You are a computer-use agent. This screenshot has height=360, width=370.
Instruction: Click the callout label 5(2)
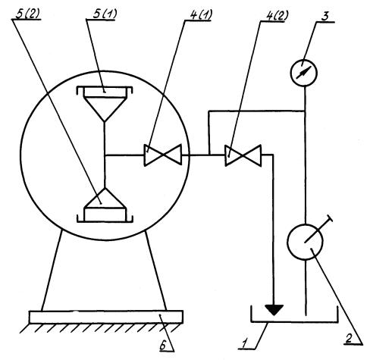27,14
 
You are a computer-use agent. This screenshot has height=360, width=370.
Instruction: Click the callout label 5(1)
105,14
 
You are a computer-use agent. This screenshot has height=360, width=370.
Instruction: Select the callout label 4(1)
201,15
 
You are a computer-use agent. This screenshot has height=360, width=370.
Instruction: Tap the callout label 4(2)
277,17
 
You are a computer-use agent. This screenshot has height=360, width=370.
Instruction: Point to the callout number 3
325,17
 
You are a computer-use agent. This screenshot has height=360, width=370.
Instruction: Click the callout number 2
349,338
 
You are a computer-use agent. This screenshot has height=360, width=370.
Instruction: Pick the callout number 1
245,344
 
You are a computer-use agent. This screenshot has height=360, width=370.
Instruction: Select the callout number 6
163,346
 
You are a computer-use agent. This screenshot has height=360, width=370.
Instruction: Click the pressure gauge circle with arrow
303,73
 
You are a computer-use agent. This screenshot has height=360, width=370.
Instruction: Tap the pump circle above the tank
305,242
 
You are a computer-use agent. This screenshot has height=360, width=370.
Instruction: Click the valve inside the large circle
163,155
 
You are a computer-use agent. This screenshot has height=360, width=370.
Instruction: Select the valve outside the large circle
243,155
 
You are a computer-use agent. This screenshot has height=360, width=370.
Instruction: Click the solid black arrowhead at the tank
274,310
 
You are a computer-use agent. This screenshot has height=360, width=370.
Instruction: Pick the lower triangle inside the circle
105,198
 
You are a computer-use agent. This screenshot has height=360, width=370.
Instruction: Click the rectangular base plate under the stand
106,317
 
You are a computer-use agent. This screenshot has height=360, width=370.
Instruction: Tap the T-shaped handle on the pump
318,230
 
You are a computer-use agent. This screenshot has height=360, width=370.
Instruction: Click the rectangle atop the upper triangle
105,92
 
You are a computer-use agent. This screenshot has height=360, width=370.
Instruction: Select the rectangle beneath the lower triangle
105,214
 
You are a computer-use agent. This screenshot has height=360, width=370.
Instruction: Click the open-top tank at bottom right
294,321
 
